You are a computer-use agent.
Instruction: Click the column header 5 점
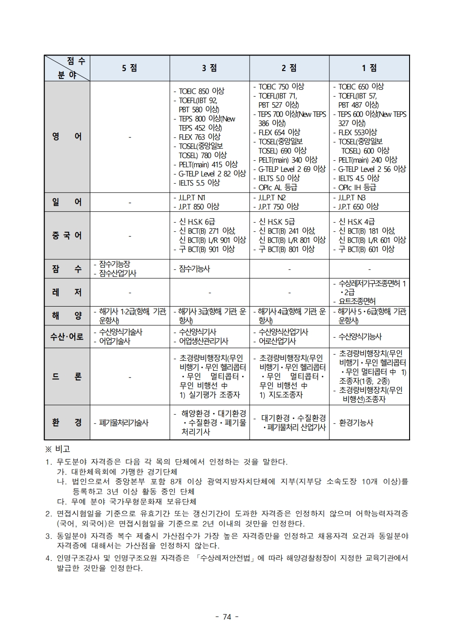click(130, 68)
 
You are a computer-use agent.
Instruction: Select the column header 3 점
click(209, 68)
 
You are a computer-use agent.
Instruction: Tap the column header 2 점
click(289, 68)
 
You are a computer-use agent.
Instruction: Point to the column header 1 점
click(369, 68)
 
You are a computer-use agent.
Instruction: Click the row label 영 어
click(67, 137)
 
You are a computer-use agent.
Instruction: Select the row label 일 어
click(67, 202)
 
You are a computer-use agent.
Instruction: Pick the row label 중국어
click(67, 236)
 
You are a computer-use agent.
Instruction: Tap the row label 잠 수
click(67, 269)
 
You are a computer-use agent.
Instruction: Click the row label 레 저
click(67, 292)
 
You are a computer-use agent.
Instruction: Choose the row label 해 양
click(67, 316)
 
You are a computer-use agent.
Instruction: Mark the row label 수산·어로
click(67, 337)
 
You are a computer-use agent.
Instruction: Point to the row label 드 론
click(67, 377)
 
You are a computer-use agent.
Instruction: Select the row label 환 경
click(67, 423)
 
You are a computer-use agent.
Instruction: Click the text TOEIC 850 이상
click(202, 91)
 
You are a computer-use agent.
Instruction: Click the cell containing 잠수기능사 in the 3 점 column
click(209, 269)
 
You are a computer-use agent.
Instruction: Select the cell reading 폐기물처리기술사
click(130, 423)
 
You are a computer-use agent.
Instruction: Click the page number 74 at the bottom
click(227, 617)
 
